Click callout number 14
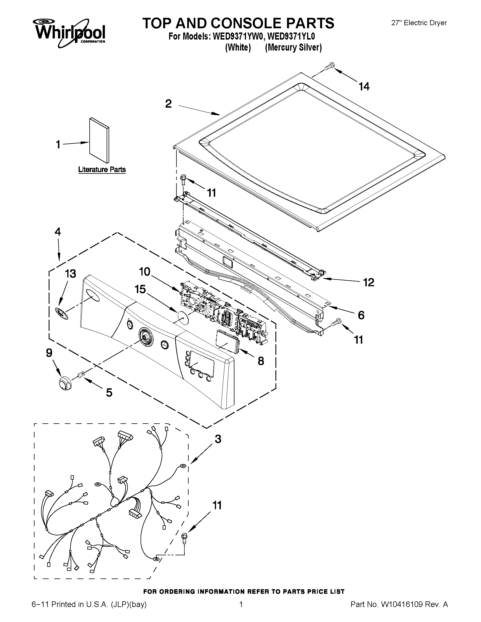point(364,86)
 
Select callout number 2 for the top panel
point(169,104)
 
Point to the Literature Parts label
point(102,170)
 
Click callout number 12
point(368,282)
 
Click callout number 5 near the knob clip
point(109,393)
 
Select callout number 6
point(361,315)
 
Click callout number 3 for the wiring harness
point(218,439)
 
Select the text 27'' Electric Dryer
point(419,23)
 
